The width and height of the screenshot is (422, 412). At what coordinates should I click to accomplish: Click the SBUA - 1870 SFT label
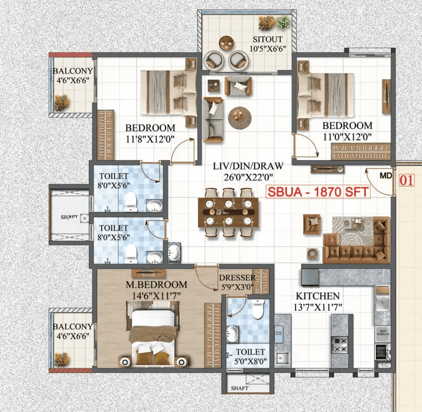pyautogui.click(x=318, y=192)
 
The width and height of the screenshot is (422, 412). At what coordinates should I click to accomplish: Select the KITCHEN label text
pyautogui.click(x=318, y=296)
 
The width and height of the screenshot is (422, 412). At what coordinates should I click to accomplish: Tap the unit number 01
pyautogui.click(x=407, y=180)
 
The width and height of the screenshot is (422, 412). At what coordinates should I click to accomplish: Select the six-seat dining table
pyautogui.click(x=228, y=212)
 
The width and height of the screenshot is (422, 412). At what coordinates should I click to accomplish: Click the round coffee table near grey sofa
pyautogui.click(x=239, y=117)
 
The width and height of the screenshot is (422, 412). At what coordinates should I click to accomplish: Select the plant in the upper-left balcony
pyautogui.click(x=61, y=102)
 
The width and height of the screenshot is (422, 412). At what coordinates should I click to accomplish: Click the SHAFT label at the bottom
pyautogui.click(x=239, y=388)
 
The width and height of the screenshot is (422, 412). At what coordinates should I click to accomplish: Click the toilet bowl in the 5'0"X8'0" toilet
pyautogui.click(x=258, y=309)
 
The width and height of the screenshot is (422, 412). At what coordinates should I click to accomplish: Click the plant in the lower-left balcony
pyautogui.click(x=61, y=359)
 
